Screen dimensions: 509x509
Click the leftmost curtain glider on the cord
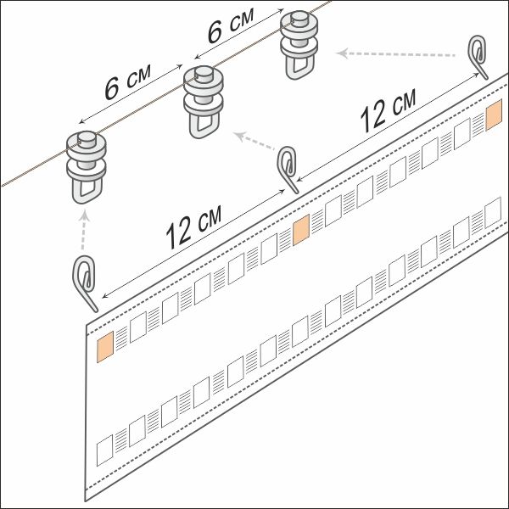coord(87,165)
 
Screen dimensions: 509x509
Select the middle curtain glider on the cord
coord(204,101)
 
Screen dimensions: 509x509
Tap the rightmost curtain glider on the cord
coord(299,44)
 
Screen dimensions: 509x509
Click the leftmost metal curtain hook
coord(85,282)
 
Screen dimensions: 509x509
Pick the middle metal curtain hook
coord(288,169)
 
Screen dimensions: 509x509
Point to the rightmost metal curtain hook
coord(478,56)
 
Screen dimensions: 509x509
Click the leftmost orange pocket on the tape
coord(105,346)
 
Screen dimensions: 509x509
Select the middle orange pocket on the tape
coord(301,230)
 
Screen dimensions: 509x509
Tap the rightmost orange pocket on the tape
coord(494,115)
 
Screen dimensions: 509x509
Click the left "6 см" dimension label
coord(128,82)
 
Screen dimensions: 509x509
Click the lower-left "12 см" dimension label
coord(193,227)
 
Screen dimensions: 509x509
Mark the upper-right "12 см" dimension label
coord(389,111)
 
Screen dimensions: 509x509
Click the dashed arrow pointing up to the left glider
coord(84,230)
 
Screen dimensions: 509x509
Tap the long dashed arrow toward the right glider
coord(395,54)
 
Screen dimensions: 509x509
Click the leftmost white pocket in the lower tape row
coord(105,450)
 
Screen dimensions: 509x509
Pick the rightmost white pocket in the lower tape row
coord(493,213)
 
